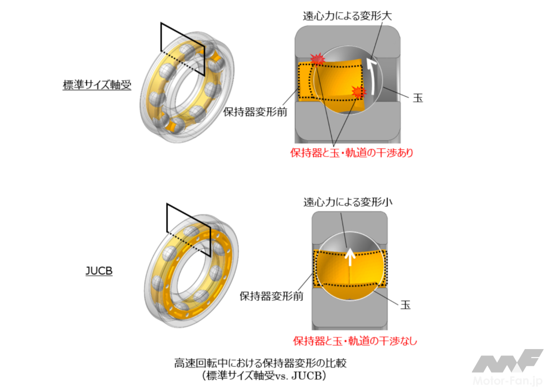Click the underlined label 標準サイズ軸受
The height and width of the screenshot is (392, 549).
click(x=97, y=85)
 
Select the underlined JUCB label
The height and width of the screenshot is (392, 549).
click(x=99, y=271)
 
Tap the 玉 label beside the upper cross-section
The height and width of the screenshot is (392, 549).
click(x=418, y=98)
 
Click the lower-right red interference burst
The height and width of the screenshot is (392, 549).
click(x=358, y=92)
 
